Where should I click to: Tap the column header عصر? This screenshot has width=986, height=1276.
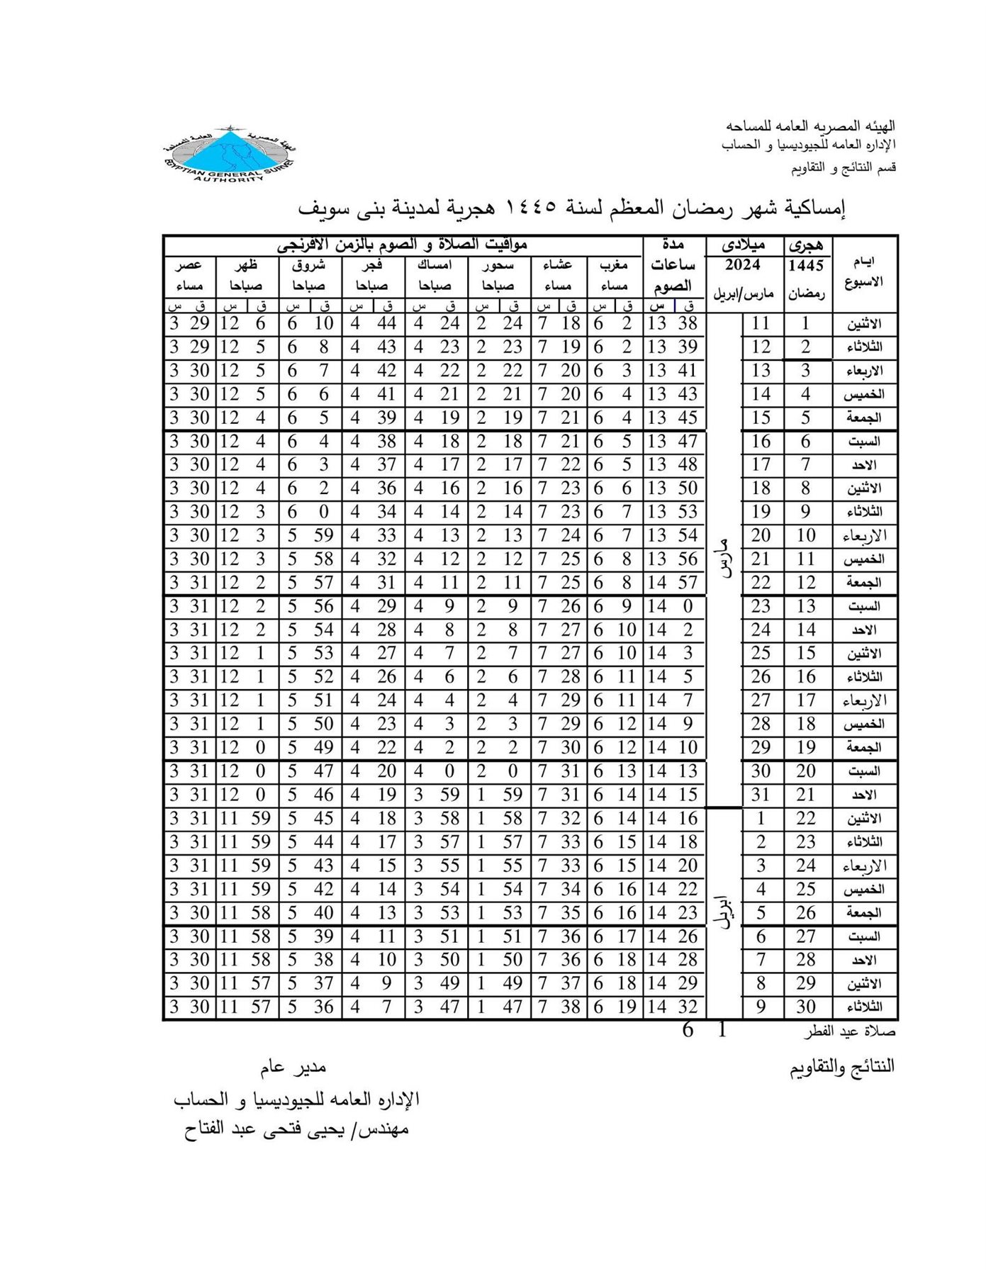(x=189, y=265)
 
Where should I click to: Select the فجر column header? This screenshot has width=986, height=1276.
(x=373, y=265)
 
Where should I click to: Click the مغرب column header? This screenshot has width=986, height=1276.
(x=614, y=265)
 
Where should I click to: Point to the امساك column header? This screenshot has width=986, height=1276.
(x=435, y=265)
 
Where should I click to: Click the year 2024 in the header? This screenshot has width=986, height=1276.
(x=743, y=266)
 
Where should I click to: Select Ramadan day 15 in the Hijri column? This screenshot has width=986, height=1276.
(x=806, y=653)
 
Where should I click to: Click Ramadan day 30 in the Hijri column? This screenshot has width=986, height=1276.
(x=806, y=1007)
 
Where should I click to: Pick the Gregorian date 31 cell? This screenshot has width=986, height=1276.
(x=761, y=795)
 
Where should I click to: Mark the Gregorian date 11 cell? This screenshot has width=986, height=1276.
(x=761, y=324)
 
